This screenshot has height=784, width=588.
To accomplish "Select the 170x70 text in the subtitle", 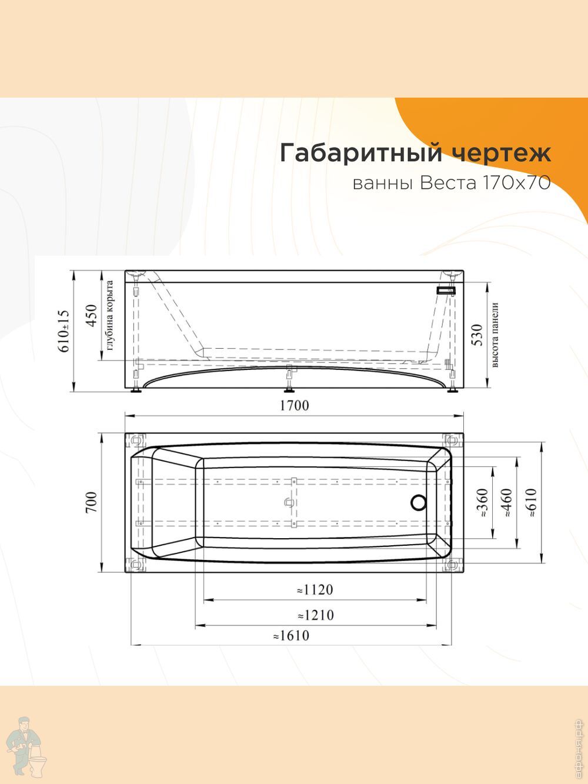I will pos(516,184).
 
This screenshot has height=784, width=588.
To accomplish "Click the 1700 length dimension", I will pos(294,405).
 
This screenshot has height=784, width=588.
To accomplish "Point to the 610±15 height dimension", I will pos(64,331).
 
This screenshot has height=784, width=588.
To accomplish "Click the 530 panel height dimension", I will pos(477,335).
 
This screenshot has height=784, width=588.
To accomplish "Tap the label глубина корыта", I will pos(109,319).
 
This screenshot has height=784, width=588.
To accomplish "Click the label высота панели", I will pos(495,336).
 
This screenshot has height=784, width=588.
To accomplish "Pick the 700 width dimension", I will pos(91,502).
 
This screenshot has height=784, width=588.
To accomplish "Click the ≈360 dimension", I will pos(482,502).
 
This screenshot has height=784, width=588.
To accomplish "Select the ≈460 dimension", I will pos(506,502).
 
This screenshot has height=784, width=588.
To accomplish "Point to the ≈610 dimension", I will pos(531,502).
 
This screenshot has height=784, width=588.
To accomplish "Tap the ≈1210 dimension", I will pos(315,615).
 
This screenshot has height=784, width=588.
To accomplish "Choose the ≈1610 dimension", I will pos(290,635).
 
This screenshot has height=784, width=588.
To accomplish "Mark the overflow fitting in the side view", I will pos(446,290).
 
